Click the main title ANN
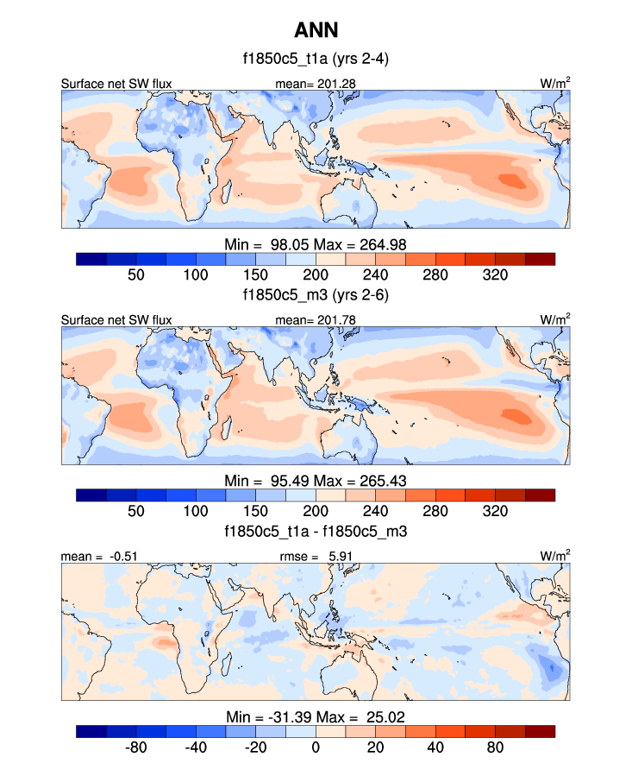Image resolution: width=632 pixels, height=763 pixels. tap(316, 31)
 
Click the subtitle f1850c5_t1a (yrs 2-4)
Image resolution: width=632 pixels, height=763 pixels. tap(316, 60)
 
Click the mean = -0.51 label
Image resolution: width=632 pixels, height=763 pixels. tap(90, 557)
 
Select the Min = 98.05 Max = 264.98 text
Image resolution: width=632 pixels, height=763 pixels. tap(316, 243)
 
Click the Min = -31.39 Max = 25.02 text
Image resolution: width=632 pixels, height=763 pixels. tap(316, 716)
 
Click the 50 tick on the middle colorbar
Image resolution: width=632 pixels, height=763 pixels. tap(136, 510)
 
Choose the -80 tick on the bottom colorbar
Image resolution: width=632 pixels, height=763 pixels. tap(136, 747)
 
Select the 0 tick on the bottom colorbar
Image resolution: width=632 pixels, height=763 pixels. tap(316, 747)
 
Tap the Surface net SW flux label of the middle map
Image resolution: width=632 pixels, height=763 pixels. tap(116, 320)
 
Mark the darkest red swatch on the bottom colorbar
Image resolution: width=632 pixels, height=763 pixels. tap(540, 731)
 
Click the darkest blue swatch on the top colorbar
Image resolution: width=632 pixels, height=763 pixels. tap(91, 258)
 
